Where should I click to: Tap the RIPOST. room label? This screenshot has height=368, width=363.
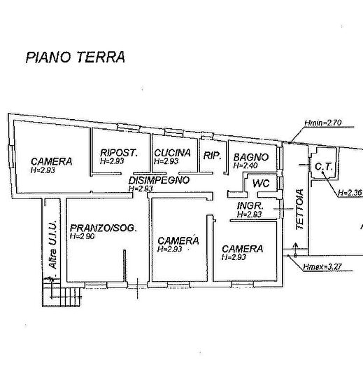point(118,153)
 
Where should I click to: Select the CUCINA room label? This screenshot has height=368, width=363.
point(173,153)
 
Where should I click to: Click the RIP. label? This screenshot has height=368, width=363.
point(211,156)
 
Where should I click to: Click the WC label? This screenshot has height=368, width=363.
point(261,182)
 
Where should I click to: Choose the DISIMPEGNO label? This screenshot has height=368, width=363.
point(159,179)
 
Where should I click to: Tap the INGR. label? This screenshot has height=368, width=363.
point(250,206)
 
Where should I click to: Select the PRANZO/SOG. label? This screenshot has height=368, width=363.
point(103,229)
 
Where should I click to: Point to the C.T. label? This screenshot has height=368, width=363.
point(322,168)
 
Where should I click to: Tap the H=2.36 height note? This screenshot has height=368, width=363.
point(349,192)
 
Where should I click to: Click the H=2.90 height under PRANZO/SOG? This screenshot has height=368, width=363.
point(84,237)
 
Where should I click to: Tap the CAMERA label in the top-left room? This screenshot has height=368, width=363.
point(51,161)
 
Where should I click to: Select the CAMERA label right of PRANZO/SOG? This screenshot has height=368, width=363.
point(178,240)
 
